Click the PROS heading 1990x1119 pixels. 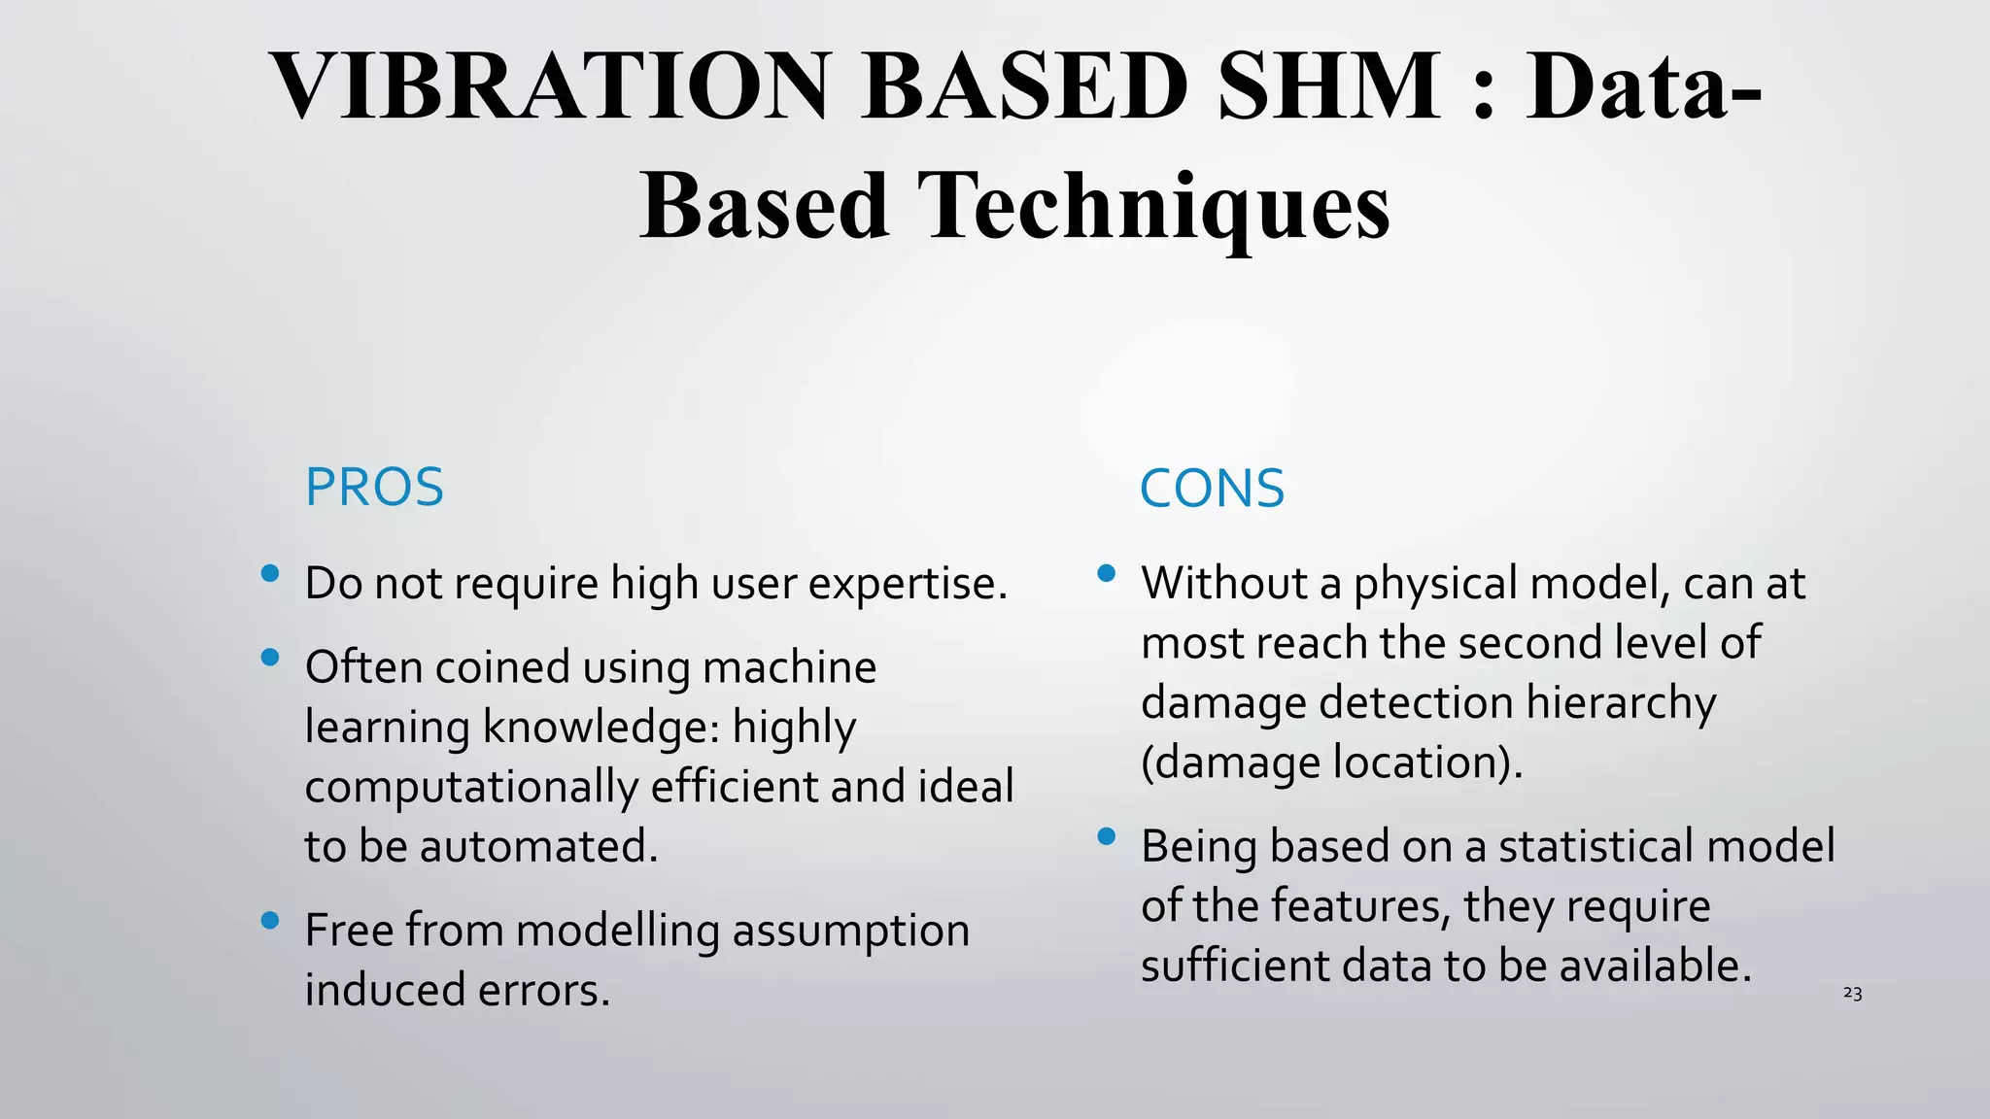(x=374, y=488)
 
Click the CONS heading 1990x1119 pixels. (x=1212, y=489)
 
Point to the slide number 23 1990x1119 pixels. (x=1852, y=994)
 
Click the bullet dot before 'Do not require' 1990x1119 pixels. (x=270, y=574)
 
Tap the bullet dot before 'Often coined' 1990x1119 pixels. (x=270, y=658)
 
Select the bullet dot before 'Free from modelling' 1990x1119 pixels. (x=270, y=920)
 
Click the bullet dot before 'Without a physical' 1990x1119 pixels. (x=1106, y=574)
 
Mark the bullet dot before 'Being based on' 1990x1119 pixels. (x=1106, y=836)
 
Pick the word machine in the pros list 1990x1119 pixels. (x=789, y=667)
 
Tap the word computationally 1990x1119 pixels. (x=471, y=788)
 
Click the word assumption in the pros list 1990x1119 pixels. (x=850, y=931)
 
